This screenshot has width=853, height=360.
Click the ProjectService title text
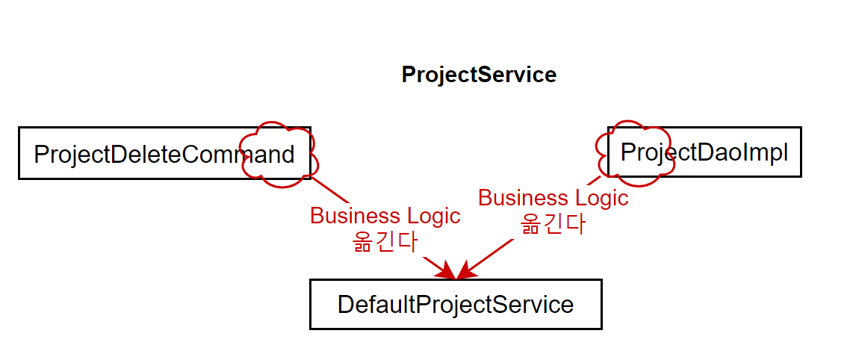[x=479, y=75]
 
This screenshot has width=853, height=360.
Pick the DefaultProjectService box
[x=456, y=304]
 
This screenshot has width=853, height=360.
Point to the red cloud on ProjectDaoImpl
[x=631, y=152]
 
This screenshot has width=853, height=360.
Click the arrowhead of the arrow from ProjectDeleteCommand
[x=447, y=271]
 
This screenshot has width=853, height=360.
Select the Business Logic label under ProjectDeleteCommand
[x=385, y=216]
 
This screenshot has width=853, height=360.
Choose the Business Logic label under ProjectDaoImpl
[x=553, y=198]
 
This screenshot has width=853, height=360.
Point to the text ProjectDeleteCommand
[x=164, y=155]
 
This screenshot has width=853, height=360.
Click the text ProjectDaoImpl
[x=704, y=152]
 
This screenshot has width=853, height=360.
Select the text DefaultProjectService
[x=456, y=305]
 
